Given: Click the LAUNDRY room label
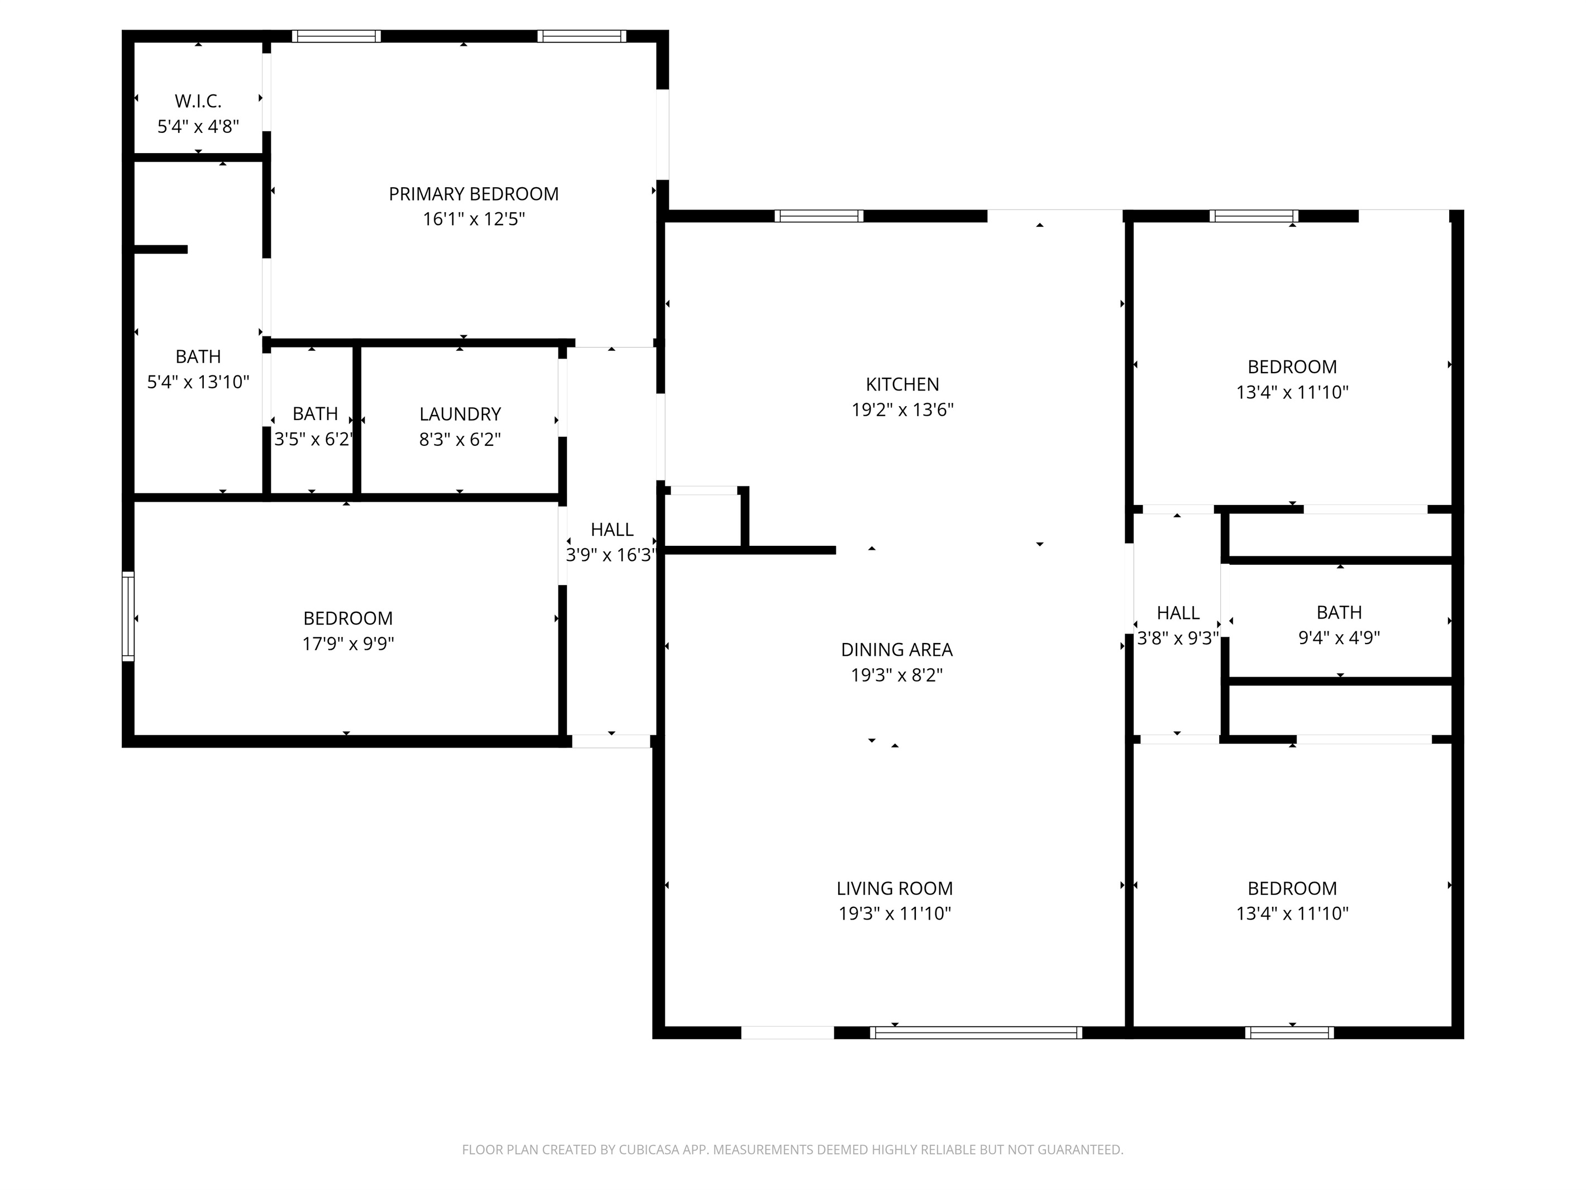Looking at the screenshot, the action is tap(460, 414).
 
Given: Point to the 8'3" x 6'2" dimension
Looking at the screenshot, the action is tap(460, 439).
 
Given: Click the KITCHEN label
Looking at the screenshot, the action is tap(902, 384).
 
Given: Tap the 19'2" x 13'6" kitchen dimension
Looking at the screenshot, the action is tap(902, 410).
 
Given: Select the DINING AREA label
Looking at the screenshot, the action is tap(896, 650).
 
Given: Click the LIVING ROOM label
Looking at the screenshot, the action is tap(895, 888).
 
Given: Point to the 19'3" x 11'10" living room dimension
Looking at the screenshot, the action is tap(895, 913).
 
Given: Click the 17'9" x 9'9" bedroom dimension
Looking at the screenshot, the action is tap(348, 644).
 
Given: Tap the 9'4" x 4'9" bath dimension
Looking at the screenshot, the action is tap(1339, 637).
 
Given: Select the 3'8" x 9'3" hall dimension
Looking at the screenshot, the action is tap(1177, 637).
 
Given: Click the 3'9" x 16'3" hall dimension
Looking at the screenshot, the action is tap(611, 554).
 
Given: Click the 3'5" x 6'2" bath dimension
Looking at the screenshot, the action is tap(314, 439).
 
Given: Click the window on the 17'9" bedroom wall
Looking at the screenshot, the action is tap(128, 616).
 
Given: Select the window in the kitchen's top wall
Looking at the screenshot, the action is tap(819, 216).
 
